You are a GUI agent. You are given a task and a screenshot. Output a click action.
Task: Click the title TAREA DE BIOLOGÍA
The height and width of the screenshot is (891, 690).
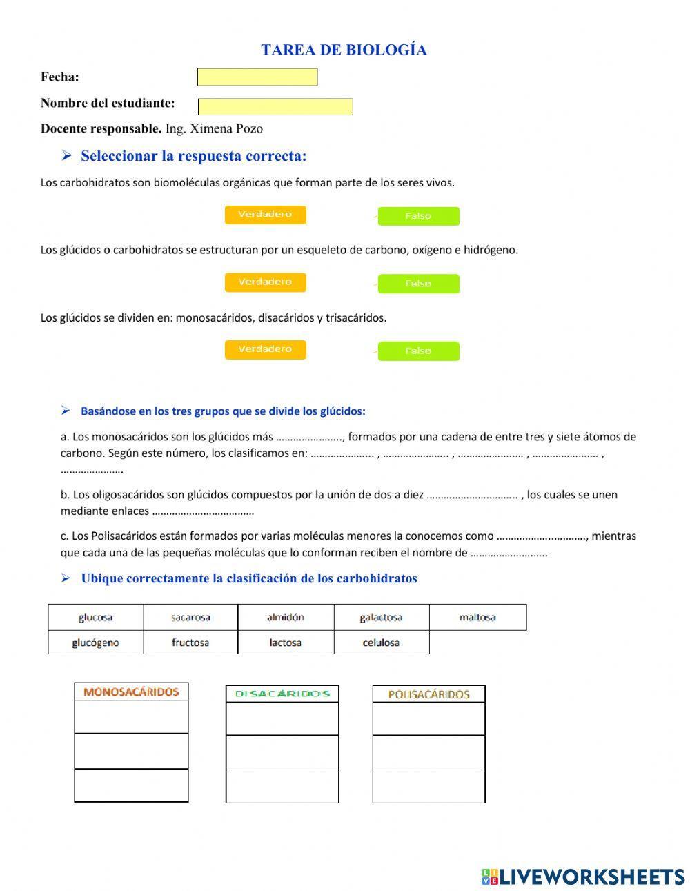point(344,50)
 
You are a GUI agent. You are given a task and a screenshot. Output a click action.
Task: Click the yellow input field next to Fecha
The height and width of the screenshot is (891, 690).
point(257,77)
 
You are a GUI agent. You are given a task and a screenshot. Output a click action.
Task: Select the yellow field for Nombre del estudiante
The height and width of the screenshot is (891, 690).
point(275,106)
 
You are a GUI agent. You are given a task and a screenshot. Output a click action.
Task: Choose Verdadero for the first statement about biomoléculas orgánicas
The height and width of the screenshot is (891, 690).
point(265,215)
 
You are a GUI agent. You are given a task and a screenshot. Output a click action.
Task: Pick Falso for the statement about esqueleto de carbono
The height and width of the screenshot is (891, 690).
point(418,284)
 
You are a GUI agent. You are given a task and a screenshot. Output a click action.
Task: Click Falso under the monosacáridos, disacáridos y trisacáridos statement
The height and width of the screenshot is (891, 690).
point(418,351)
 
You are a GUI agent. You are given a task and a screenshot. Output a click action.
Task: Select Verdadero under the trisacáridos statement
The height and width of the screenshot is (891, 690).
point(265,349)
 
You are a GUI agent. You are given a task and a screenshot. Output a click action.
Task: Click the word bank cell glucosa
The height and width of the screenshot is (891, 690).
point(95,617)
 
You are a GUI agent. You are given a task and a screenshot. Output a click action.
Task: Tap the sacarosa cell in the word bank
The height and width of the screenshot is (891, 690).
point(190,617)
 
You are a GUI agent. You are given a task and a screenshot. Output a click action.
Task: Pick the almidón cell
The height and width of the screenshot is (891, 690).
point(285,617)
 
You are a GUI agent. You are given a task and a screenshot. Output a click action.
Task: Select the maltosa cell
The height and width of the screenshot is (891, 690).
point(477,617)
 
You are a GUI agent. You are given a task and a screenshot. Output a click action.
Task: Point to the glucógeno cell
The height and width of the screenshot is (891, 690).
point(95,643)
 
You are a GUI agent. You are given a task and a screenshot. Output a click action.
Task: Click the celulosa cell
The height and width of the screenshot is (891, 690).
point(381,643)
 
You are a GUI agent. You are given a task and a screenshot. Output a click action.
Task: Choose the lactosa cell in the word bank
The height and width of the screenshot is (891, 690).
point(285,643)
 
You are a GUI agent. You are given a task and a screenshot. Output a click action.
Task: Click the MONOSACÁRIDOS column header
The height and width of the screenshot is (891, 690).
point(131,692)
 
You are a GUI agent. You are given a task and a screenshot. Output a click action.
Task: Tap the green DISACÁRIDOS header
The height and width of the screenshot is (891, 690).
point(282,694)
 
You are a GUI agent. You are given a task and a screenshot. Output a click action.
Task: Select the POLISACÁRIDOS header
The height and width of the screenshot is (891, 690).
point(428,694)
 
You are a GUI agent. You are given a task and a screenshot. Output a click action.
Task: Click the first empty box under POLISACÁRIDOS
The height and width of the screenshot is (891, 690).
point(428,718)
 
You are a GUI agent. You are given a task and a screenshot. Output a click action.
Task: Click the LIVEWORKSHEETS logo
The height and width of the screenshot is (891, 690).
point(583,877)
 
